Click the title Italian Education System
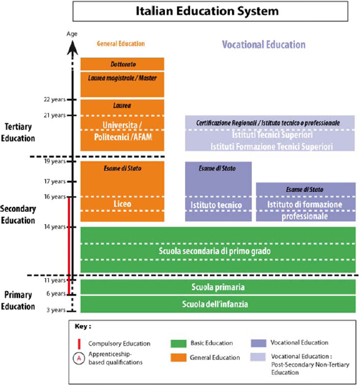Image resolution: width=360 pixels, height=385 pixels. tap(207, 11)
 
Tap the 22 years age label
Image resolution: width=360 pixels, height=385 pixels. tap(55, 99)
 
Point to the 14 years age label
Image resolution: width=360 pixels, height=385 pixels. tap(55, 227)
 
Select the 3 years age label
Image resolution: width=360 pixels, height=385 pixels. tap(56, 310)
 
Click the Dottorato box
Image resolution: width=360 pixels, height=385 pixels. tap(122, 64)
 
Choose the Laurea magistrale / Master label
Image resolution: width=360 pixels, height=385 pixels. tap(122, 78)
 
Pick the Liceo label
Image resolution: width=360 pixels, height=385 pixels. tap(122, 204)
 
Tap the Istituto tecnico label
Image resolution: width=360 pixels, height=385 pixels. tap(216, 205)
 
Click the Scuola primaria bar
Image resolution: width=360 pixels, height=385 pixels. tap(218, 287)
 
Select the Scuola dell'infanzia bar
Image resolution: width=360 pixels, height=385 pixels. tap(218, 304)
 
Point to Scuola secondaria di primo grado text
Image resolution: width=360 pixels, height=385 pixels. tap(214, 251)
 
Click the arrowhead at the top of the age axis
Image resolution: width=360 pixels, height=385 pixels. tap(72, 47)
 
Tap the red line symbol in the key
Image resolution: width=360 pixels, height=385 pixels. tap(79, 344)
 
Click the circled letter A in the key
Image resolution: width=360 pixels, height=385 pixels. tap(79, 358)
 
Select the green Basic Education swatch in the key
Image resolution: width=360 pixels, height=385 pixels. tap(179, 344)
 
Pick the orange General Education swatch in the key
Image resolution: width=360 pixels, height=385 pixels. tap(179, 357)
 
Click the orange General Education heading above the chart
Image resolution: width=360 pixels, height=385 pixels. tap(121, 44)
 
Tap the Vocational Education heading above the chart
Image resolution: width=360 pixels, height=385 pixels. tap(264, 45)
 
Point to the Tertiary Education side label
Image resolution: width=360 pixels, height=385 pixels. tap(18, 132)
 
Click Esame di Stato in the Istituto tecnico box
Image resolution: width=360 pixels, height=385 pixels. tap(217, 168)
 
